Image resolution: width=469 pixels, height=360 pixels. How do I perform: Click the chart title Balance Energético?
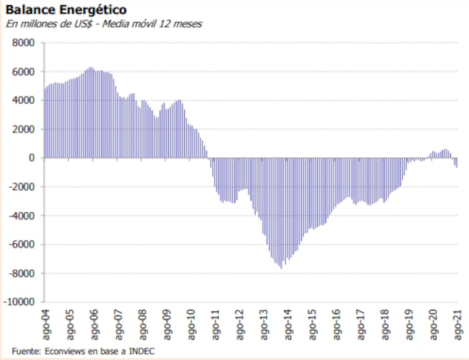(x=64, y=11)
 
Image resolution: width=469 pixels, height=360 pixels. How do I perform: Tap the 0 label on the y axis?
(x=33, y=158)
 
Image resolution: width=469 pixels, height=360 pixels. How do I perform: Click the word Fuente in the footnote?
(x=25, y=351)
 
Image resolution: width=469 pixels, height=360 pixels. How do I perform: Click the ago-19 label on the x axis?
(x=409, y=322)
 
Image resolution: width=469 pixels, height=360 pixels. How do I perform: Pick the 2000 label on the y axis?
(x=26, y=129)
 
